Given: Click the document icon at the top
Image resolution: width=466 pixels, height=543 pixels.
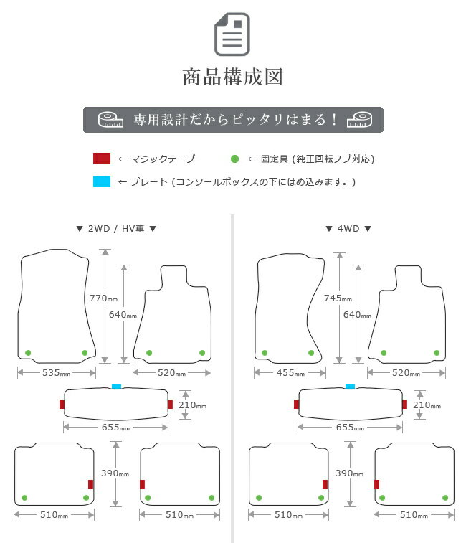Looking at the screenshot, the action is (x=232, y=34).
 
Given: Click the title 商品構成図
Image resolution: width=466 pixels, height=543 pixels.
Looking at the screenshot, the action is (x=233, y=77).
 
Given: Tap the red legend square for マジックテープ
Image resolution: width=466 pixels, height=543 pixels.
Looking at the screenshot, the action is (x=102, y=159).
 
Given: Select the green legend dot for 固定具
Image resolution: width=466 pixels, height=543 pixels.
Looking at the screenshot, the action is (x=234, y=159).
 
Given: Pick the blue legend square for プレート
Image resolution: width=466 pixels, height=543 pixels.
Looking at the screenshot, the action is (x=102, y=181).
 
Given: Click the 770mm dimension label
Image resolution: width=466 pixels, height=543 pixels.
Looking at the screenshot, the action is (x=103, y=298).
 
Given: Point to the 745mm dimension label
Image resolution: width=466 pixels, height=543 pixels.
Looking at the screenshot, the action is (x=338, y=298).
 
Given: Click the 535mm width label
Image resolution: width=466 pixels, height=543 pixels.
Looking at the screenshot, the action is (x=56, y=373).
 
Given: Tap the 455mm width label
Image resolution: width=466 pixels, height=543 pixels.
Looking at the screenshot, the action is (x=290, y=373).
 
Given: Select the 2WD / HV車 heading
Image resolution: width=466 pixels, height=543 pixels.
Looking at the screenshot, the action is (x=116, y=229).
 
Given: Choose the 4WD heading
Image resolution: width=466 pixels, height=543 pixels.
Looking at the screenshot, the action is (x=348, y=229).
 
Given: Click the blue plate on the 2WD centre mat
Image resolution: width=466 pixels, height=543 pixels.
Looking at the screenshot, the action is (x=116, y=387).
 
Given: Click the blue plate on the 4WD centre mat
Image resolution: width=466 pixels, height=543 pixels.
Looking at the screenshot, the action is (x=351, y=387).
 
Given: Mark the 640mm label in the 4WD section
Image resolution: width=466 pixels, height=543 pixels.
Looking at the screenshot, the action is (x=357, y=315).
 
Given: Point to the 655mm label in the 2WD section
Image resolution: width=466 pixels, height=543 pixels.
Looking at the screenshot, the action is (x=115, y=428).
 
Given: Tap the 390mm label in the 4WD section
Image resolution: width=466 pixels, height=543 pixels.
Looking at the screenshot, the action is (x=349, y=473).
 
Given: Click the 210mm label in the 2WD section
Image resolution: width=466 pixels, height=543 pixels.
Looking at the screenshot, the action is (x=192, y=405).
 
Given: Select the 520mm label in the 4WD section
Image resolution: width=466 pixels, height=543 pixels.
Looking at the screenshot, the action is (x=406, y=373).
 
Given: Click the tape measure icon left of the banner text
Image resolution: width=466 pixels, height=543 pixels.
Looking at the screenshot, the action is (x=110, y=120).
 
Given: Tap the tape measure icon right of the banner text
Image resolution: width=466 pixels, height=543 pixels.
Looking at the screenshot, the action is (x=359, y=120).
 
